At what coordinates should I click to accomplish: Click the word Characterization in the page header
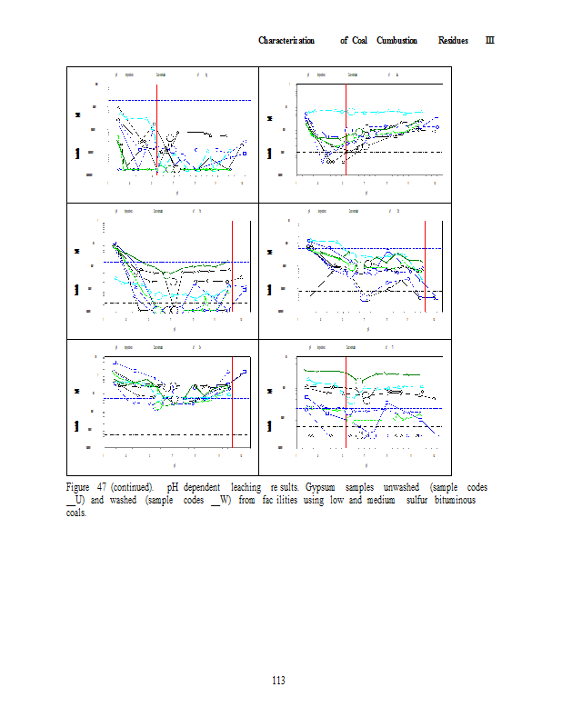tap(286, 40)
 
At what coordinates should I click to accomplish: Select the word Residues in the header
tap(454, 40)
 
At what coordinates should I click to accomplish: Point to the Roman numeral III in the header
tap(489, 40)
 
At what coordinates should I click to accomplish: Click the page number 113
tap(280, 681)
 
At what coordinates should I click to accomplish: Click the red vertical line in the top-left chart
tap(156, 127)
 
